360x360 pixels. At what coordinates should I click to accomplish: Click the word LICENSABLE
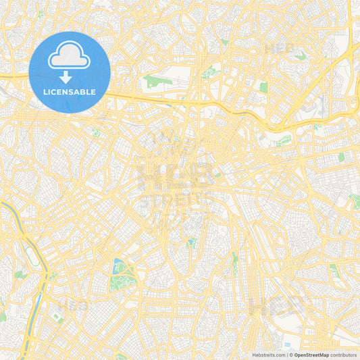click(x=70, y=91)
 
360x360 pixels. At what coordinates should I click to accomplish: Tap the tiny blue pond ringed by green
click(x=191, y=242)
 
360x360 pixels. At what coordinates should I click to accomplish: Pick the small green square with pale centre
click(x=263, y=87)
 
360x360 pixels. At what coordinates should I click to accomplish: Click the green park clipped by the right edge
click(x=355, y=201)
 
